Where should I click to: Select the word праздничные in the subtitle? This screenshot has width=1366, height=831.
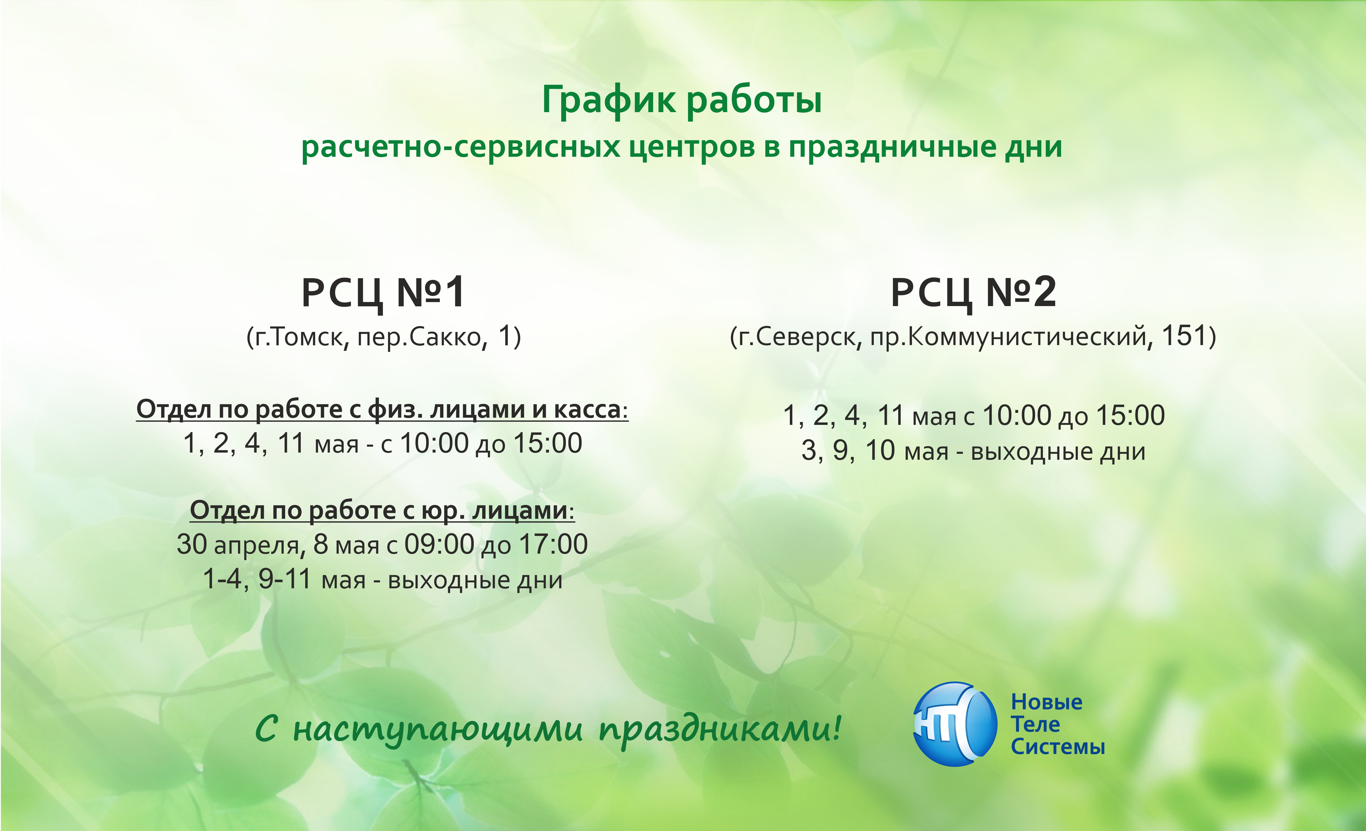[893, 148]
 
